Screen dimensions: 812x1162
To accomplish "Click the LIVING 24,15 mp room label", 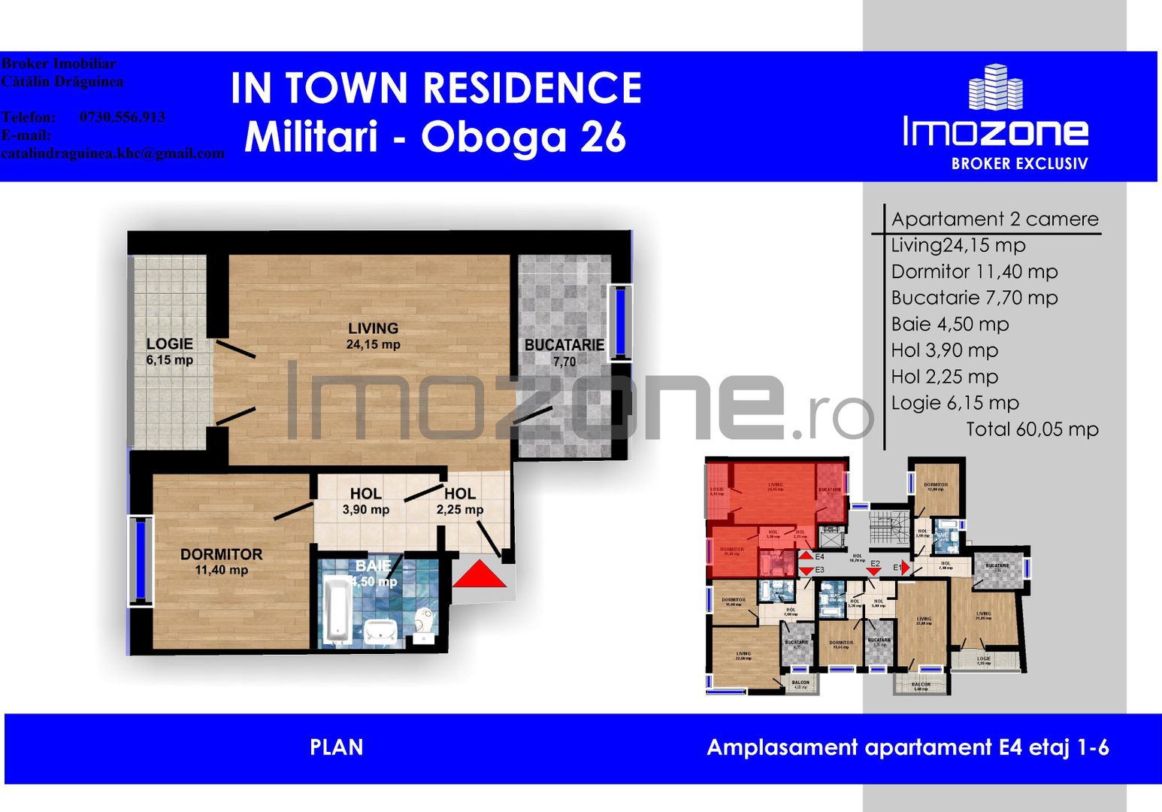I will click(x=373, y=336).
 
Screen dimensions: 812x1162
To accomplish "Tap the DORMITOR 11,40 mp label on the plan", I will click(x=221, y=562).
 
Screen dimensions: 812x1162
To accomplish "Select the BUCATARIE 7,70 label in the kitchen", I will click(x=564, y=353).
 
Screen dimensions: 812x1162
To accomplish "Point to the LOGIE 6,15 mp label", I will click(x=169, y=351).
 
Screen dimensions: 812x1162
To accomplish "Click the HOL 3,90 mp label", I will click(x=365, y=501).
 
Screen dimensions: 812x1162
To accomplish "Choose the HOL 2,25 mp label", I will click(x=459, y=501).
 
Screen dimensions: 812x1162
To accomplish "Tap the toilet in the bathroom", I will click(x=425, y=623).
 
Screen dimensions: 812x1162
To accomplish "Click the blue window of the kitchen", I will click(x=621, y=323).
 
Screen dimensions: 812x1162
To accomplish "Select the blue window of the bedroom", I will click(x=141, y=559).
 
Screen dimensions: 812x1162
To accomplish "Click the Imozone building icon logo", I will click(x=995, y=87).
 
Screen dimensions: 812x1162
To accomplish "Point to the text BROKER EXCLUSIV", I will click(x=1019, y=164).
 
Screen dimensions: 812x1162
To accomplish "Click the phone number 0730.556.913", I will click(x=122, y=117).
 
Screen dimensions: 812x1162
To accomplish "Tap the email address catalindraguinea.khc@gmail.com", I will click(x=113, y=153).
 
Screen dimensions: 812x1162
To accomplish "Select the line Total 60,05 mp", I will click(x=1031, y=429).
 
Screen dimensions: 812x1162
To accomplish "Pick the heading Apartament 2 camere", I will click(x=994, y=219).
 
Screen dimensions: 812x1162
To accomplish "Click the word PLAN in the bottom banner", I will click(x=336, y=747).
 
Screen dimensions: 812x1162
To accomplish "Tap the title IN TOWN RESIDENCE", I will click(x=436, y=88).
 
